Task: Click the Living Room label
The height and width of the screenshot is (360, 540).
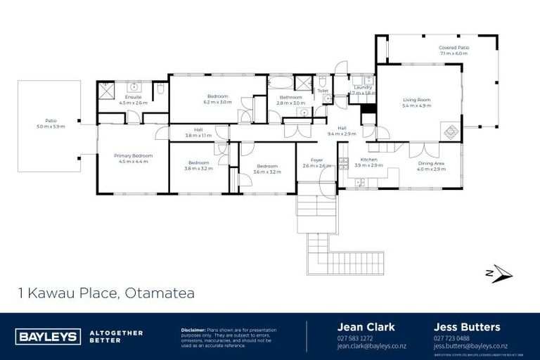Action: pyautogui.click(x=416, y=103)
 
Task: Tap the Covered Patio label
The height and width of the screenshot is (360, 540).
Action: pyautogui.click(x=454, y=50)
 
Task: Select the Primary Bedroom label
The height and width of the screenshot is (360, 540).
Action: pyautogui.click(x=133, y=158)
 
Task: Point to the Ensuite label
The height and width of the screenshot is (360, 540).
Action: pyautogui.click(x=133, y=100)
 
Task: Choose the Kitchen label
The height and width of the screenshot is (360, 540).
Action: pyautogui.click(x=368, y=162)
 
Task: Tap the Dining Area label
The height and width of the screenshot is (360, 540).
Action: pyautogui.click(x=431, y=166)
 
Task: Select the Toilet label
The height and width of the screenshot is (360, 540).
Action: pyautogui.click(x=323, y=91)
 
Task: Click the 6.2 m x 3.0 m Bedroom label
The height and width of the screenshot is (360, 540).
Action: pyautogui.click(x=217, y=98)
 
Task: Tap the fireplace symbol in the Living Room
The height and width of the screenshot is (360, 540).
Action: pyautogui.click(x=449, y=131)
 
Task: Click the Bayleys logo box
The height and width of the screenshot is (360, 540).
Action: pyautogui.click(x=47, y=336)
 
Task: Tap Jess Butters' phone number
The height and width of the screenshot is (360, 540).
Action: pyautogui.click(x=451, y=338)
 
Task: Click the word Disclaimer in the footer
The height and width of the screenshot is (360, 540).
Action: pyautogui.click(x=193, y=329)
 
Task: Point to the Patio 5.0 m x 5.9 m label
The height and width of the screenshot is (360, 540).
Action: pyautogui.click(x=49, y=123)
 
